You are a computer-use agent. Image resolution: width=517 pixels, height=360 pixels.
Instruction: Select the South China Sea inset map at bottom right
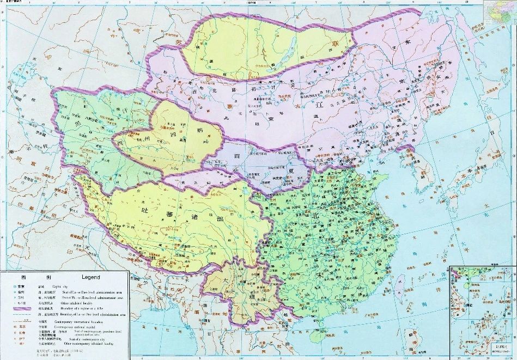click(x=483, y=310)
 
